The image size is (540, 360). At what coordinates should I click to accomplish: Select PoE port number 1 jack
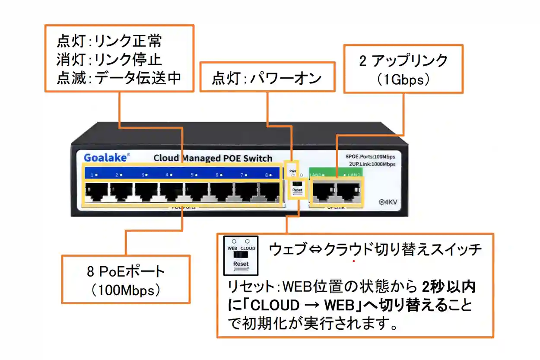[x=96, y=192]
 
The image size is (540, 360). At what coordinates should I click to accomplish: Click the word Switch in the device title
[x=257, y=158]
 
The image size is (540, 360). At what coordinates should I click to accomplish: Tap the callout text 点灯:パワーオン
[x=267, y=78]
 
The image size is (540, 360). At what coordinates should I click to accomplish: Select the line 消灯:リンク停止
[x=109, y=59]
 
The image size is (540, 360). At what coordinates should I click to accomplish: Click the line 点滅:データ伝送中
[x=119, y=78]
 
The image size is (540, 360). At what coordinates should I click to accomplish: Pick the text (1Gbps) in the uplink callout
[x=403, y=80]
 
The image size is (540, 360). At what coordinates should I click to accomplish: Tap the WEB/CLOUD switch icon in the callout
[x=241, y=256]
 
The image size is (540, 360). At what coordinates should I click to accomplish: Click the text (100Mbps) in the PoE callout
[x=126, y=290]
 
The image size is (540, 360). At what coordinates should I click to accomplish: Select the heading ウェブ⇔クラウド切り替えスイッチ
[x=375, y=249]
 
